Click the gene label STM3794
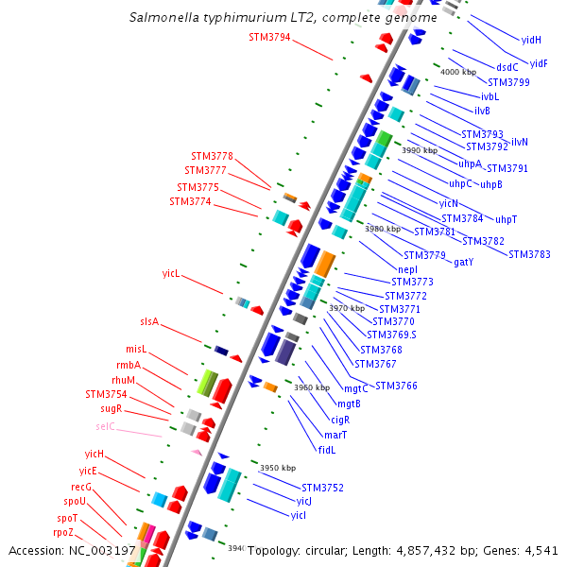coord(269,38)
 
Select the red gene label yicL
coord(171,274)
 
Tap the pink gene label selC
coord(105,427)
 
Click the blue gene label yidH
coord(531,40)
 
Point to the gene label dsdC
coord(507,67)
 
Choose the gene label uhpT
coord(507,219)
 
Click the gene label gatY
coord(464,262)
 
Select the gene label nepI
coord(408,269)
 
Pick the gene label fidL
coord(327,450)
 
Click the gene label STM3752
coord(322,488)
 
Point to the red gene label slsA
coord(149,322)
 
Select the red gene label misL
coord(137,350)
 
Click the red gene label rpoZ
coord(63,532)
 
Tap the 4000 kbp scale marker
coord(458,72)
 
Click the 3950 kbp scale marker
coord(278,468)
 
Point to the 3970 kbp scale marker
coord(346,308)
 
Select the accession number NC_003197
coord(103,550)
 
